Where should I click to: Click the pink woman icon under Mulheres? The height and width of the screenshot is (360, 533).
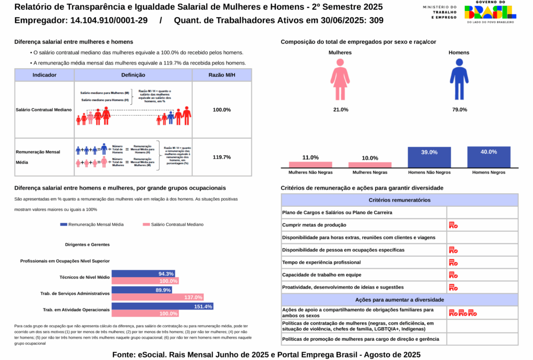click(x=340, y=79)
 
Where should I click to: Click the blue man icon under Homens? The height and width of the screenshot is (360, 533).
click(x=459, y=79)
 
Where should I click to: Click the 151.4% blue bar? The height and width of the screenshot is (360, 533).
click(x=162, y=306)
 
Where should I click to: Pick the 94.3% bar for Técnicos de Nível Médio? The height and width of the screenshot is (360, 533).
click(x=143, y=274)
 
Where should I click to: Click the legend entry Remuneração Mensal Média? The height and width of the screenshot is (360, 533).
click(x=92, y=225)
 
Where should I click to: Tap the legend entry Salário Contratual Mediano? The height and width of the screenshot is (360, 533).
click(x=173, y=225)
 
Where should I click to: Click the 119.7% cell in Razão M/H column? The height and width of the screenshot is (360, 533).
click(x=222, y=157)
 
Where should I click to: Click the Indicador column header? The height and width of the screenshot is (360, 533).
click(x=44, y=75)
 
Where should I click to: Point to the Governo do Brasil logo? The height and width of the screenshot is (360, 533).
click(x=490, y=12)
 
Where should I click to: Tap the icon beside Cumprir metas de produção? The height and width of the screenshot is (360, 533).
click(x=453, y=225)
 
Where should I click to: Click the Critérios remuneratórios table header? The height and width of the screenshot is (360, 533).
click(x=399, y=200)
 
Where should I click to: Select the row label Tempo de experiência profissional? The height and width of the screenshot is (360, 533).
click(x=321, y=263)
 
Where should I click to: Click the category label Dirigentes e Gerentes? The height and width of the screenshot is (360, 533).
click(x=87, y=244)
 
